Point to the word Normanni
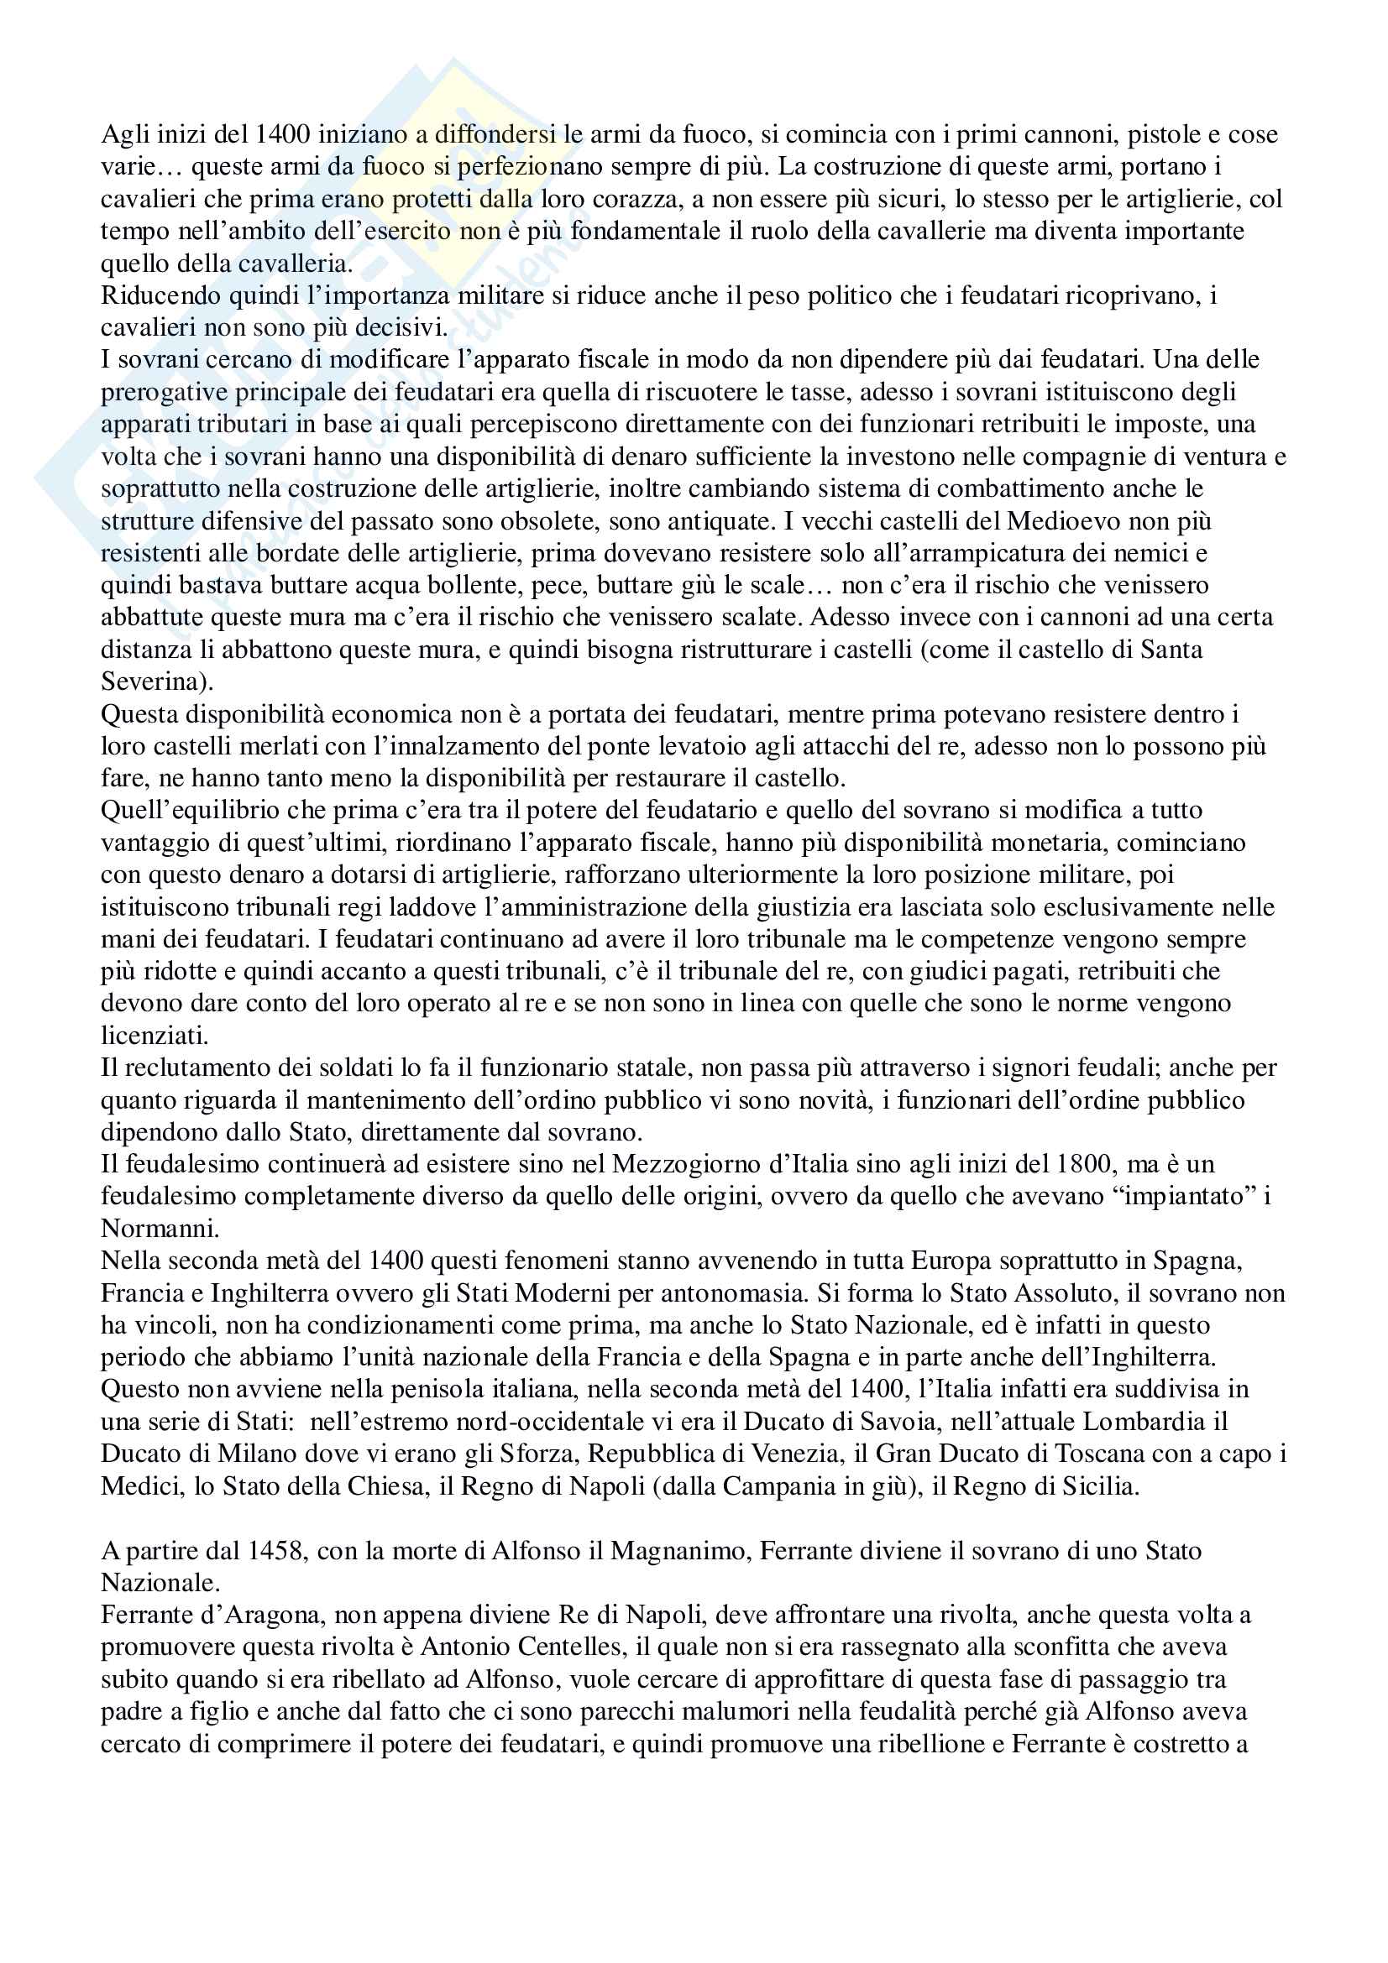pos(158,1229)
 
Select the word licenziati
pos(154,1036)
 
